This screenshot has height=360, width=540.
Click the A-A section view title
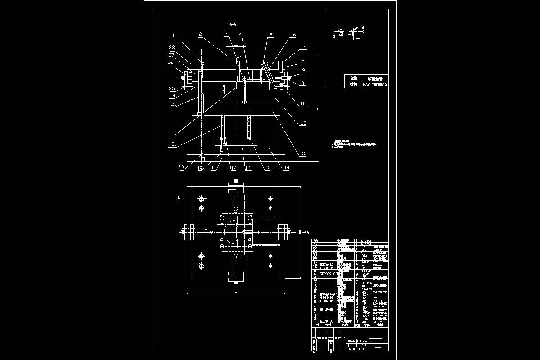click(233, 24)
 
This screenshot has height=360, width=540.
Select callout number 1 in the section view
click(173, 35)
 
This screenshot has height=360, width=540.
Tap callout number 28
click(171, 47)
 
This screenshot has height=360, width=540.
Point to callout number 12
click(303, 123)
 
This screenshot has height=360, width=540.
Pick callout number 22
click(172, 131)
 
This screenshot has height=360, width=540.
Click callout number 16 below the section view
click(247, 168)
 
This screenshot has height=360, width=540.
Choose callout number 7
click(304, 46)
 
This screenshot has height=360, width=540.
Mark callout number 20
click(181, 167)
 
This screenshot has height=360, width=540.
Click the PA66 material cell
click(375, 84)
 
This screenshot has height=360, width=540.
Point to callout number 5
click(271, 35)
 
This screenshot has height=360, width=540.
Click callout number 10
click(302, 83)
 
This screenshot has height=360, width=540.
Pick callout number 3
click(226, 34)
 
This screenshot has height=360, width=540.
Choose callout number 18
click(214, 168)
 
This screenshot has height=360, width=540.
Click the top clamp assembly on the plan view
click(235, 184)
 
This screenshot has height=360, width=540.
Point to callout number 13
click(302, 153)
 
